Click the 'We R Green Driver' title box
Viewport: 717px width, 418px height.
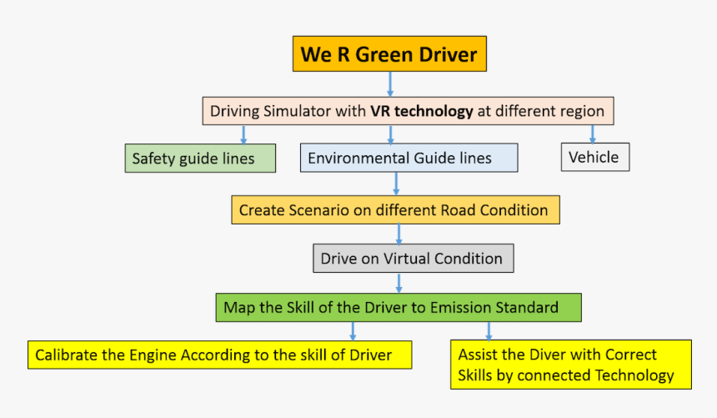point(389,55)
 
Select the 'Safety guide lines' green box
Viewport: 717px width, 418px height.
point(200,158)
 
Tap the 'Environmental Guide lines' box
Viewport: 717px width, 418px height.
point(409,158)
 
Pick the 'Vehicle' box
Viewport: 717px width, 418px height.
point(594,157)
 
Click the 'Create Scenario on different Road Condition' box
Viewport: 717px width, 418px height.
point(395,210)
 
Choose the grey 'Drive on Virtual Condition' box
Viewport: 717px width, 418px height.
point(413,259)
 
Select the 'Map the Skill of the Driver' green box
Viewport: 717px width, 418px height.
point(398,307)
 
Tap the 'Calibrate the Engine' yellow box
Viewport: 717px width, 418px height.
point(220,355)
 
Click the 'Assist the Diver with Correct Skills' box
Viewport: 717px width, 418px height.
point(571,365)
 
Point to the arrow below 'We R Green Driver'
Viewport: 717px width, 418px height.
point(389,84)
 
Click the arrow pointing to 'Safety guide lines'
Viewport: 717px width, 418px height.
point(243,134)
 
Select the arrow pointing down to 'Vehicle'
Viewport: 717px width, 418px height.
point(593,133)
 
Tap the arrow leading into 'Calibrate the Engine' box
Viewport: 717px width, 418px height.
point(353,331)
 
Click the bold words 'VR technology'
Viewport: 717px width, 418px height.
point(422,110)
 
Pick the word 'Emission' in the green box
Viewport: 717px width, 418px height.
point(462,307)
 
